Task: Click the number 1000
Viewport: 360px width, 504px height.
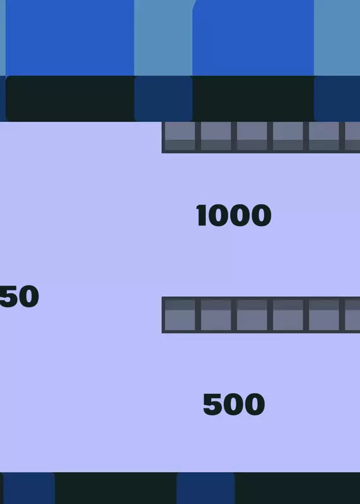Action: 233,215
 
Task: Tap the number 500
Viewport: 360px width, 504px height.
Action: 234,404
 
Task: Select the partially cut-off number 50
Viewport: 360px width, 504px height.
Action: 20,296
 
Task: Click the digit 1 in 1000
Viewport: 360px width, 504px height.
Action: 201,215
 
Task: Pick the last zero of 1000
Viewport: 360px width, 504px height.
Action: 261,215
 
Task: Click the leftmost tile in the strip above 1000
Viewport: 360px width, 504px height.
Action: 180,135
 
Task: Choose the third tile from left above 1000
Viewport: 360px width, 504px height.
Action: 252,135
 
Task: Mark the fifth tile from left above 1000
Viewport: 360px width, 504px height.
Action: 324,135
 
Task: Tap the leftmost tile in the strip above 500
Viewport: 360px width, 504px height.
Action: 180,315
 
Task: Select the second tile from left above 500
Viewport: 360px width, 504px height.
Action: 216,315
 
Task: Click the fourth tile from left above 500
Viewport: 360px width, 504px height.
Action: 288,315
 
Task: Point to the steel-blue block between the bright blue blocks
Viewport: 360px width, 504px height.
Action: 163,38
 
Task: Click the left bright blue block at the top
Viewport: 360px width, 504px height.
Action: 70,38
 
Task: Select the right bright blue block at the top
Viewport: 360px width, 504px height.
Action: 253,38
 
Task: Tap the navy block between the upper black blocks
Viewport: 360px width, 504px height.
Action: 163,98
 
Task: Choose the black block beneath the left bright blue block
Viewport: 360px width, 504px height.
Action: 70,98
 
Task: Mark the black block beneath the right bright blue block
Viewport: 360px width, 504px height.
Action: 253,98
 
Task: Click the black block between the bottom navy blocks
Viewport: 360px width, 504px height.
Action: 115,488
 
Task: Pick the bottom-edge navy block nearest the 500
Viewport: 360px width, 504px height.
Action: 206,488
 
